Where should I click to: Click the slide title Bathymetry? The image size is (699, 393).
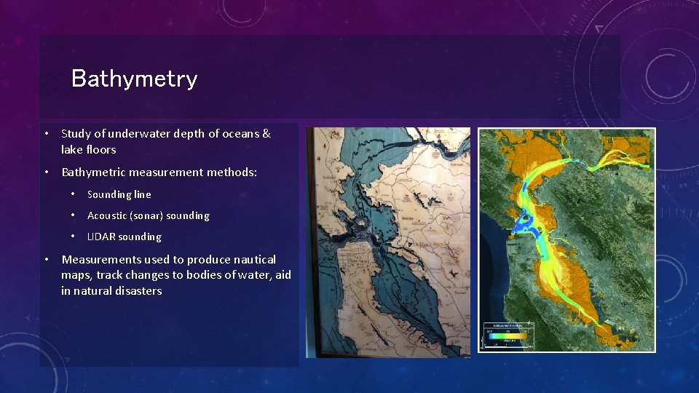click(x=134, y=79)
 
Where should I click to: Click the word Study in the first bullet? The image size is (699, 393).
click(x=76, y=134)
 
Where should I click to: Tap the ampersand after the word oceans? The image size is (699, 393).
click(x=266, y=134)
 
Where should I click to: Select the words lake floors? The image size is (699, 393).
click(x=88, y=149)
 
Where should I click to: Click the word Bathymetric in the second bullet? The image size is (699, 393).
click(x=95, y=172)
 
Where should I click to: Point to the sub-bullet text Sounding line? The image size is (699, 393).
click(x=119, y=194)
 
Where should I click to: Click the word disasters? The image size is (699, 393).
click(x=138, y=291)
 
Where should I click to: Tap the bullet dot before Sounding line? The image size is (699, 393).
click(x=74, y=194)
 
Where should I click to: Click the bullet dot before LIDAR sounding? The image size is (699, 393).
click(x=74, y=237)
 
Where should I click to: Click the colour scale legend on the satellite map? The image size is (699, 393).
click(x=508, y=336)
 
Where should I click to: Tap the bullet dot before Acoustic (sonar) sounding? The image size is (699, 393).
click(x=74, y=215)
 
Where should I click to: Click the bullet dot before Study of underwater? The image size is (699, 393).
click(x=46, y=134)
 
